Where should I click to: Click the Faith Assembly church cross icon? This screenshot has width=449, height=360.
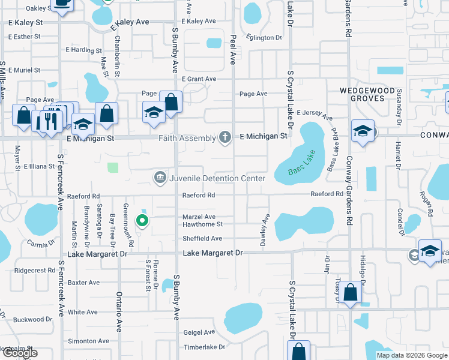click(225, 137)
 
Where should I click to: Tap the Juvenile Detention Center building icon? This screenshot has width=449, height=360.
click(160, 178)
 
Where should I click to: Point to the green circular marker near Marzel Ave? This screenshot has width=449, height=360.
click(142, 221)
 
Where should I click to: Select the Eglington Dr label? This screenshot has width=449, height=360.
click(264, 38)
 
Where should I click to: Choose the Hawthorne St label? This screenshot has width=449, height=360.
click(202, 224)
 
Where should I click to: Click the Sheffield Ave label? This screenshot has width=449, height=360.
click(202, 238)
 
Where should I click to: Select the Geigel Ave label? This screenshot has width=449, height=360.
click(199, 332)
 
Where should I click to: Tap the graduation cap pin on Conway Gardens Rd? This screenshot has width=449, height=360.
click(363, 131)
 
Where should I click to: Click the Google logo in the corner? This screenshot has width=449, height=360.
click(19, 353)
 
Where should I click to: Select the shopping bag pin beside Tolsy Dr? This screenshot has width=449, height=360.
click(352, 293)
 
